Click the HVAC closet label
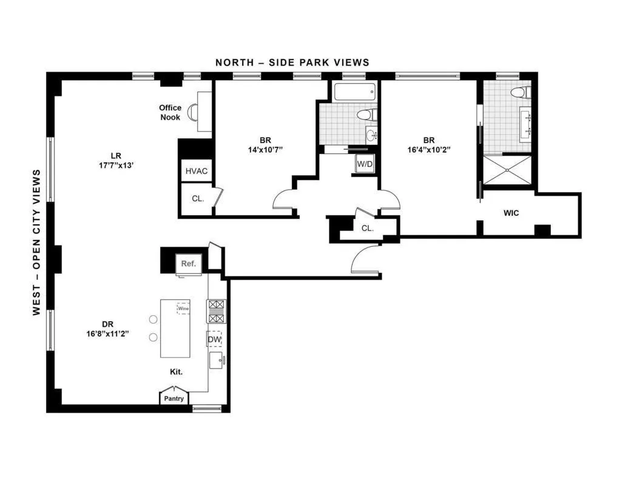196,171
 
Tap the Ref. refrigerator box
188,264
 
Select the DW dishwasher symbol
214,339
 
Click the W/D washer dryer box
365,164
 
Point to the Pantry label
174,398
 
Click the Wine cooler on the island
183,308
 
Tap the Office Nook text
171,112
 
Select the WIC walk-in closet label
511,213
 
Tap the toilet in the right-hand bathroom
521,93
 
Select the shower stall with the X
507,172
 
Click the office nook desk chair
193,112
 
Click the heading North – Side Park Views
292,62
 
